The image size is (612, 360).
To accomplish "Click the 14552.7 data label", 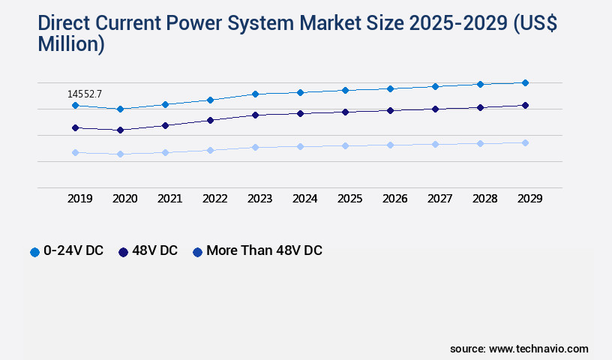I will (84, 94).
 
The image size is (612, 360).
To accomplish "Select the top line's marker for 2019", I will (75, 106).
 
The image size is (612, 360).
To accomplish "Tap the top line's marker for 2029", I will (525, 82).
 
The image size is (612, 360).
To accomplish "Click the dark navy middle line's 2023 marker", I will (255, 115).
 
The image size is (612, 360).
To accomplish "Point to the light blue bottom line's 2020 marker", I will (120, 154).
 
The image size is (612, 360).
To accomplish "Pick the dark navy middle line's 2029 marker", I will (525, 105).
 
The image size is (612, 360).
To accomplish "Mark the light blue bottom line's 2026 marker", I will (390, 145).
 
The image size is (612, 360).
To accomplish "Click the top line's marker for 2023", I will (255, 94).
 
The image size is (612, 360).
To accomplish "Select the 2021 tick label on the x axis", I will (169, 199).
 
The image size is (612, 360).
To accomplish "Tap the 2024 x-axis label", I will (304, 199).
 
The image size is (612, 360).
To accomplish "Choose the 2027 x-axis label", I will (439, 199).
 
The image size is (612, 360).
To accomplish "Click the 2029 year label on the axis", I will (529, 199).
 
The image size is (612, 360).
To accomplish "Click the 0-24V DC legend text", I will (73, 250).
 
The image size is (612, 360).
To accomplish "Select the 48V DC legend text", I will (154, 250).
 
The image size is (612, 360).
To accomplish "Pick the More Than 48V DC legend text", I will (264, 250).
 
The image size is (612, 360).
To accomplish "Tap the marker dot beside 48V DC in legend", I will (123, 252).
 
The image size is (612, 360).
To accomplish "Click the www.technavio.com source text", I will (538, 349).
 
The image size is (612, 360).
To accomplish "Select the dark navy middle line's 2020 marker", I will (120, 130).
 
